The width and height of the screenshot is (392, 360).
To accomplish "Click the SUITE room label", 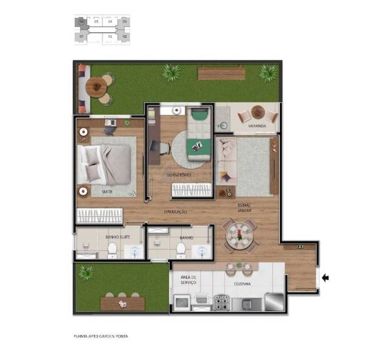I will click(107, 192).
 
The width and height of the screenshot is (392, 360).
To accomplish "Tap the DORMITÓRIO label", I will click(179, 175).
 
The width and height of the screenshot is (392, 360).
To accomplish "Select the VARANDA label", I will click(257, 126).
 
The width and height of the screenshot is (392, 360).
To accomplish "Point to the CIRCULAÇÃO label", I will click(176, 211).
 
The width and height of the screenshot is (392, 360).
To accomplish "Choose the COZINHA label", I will click(242, 284).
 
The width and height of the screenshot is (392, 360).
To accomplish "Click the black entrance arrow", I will click(326, 278).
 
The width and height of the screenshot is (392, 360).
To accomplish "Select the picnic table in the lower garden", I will click(122, 302).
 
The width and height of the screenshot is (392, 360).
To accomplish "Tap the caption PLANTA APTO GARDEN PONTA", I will click(101, 336).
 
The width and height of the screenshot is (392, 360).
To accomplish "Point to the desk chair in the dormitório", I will click(155, 147).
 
